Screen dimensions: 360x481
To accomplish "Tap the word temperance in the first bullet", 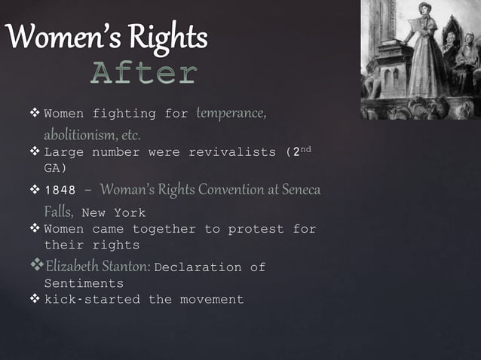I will click(231, 114).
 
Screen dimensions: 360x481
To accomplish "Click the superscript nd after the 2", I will click(305, 149).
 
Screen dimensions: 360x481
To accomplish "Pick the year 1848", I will click(60, 189).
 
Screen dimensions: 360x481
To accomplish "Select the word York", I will click(130, 212).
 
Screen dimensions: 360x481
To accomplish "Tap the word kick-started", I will click(92, 300).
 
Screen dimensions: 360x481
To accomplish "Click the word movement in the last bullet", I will click(211, 300).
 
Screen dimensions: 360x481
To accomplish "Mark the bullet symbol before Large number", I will click(35, 153).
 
